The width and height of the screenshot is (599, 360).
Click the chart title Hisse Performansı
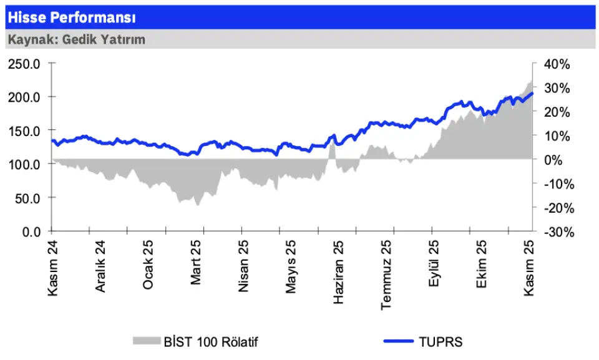[x=72, y=17]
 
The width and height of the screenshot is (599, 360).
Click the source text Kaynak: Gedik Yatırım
[x=76, y=39]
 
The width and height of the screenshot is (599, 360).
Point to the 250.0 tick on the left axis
[x=24, y=64]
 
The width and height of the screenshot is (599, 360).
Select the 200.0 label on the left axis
[x=24, y=97]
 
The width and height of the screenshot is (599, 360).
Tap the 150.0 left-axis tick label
[x=24, y=131]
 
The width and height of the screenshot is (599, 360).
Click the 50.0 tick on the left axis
[x=27, y=198]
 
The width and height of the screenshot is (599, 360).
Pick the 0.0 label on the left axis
[x=31, y=231]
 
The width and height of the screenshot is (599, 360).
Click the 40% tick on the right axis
[x=556, y=64]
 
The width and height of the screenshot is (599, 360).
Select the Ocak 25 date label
[x=148, y=266]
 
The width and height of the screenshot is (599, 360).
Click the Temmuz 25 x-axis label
[x=387, y=275]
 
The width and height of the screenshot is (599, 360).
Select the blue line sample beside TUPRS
[x=397, y=341]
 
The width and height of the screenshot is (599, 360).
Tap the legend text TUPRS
[x=441, y=341]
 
